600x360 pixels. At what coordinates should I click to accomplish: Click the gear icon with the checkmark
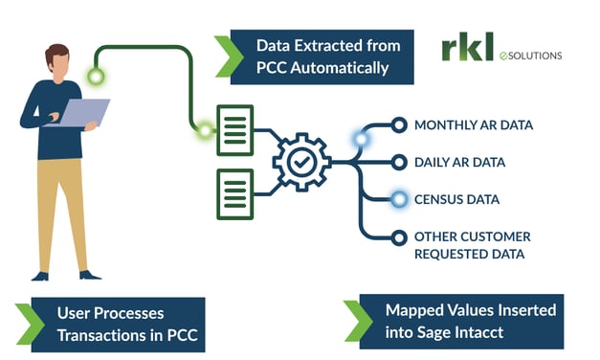[x=300, y=163]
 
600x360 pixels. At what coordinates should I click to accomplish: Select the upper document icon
[x=234, y=129]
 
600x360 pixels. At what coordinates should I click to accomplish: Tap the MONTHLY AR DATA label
[x=473, y=125]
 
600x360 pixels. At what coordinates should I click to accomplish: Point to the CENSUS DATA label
[x=456, y=199]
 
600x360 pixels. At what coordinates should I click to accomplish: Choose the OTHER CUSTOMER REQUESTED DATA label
[x=472, y=245]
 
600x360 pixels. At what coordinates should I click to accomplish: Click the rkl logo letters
[x=466, y=48]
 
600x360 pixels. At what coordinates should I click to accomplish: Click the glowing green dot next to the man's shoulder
[x=95, y=76]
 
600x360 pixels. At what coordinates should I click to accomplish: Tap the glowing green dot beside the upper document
[x=204, y=131]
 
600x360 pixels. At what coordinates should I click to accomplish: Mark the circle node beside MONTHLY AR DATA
[x=399, y=125]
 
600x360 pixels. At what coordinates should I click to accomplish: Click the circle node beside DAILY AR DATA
[x=399, y=162]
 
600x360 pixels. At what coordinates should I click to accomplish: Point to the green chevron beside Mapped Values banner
[x=357, y=320]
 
